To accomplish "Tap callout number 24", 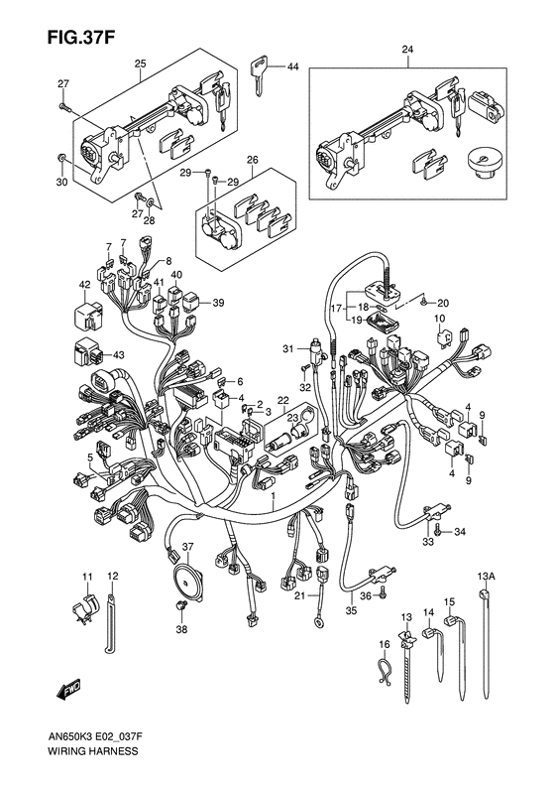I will (x=407, y=50).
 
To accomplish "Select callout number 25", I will (x=140, y=65).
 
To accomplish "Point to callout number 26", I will (x=252, y=159).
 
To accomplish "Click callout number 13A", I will (x=487, y=575).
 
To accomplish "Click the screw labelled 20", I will (x=423, y=301).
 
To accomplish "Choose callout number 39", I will (x=219, y=303).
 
